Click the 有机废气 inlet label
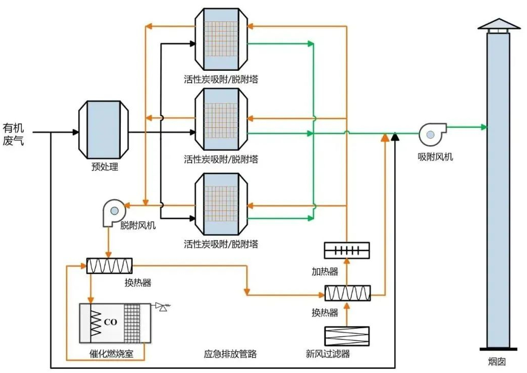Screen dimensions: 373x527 pyautogui.click(x=13, y=134)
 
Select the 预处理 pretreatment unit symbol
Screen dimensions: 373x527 pyautogui.click(x=104, y=130)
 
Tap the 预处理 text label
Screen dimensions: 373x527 pyautogui.click(x=104, y=167)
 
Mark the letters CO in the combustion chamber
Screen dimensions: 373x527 pyautogui.click(x=110, y=322)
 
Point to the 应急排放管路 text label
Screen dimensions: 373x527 pyautogui.click(x=230, y=353)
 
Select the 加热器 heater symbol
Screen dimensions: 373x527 pyautogui.click(x=347, y=250)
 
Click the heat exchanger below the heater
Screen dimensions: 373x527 pyautogui.click(x=347, y=293)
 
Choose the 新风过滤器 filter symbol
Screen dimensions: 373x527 pyautogui.click(x=347, y=336)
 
